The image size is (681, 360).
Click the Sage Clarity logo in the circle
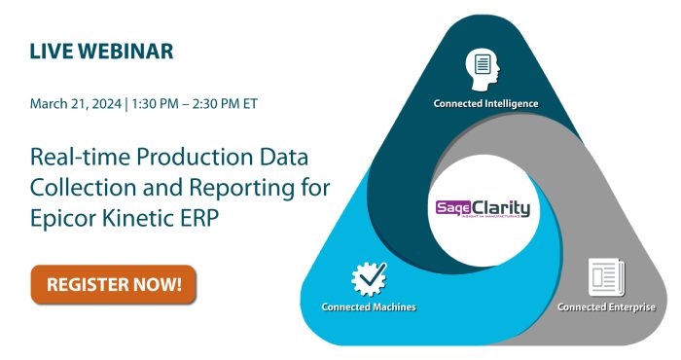pyautogui.click(x=484, y=207)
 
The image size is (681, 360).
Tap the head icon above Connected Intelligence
pyautogui.click(x=483, y=67)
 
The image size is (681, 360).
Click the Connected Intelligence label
pyautogui.click(x=485, y=102)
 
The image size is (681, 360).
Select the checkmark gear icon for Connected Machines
pyautogui.click(x=369, y=278)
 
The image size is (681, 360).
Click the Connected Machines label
pyautogui.click(x=369, y=307)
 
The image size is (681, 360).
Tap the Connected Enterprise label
pyautogui.click(x=606, y=307)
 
